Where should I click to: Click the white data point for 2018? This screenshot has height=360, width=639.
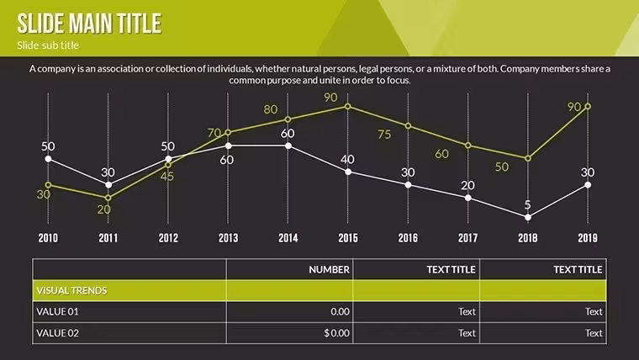pos(528,218)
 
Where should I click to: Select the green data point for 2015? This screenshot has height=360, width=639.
pos(347,107)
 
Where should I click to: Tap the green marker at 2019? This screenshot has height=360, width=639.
pos(588,107)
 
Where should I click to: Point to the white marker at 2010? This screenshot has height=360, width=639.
pos(48,159)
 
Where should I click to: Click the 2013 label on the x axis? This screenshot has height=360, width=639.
pos(228,238)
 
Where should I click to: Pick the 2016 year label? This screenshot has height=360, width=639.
pos(408,238)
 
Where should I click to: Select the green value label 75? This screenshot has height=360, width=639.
pos(384,135)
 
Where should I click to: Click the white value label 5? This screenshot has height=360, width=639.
pos(528,204)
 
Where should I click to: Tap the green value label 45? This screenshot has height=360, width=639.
pos(167,177)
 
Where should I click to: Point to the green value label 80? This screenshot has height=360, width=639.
pos(271,109)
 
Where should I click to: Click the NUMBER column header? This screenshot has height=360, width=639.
pos(329,269)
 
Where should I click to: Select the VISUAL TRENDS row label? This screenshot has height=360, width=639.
pos(71,291)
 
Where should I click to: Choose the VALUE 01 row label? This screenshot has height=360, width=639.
pos(57,312)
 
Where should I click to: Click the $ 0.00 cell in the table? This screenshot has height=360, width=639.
pos(336,333)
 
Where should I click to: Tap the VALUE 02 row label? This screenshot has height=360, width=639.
pos(57,333)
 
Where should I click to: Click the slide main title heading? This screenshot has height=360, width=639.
pos(89,24)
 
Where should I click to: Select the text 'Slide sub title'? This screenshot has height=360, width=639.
pos(48,45)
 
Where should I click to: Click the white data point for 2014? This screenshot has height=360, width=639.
pos(288,146)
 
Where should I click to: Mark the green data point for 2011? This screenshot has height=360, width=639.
pos(108,198)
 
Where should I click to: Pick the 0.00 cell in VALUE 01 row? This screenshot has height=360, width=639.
pos(340,312)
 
